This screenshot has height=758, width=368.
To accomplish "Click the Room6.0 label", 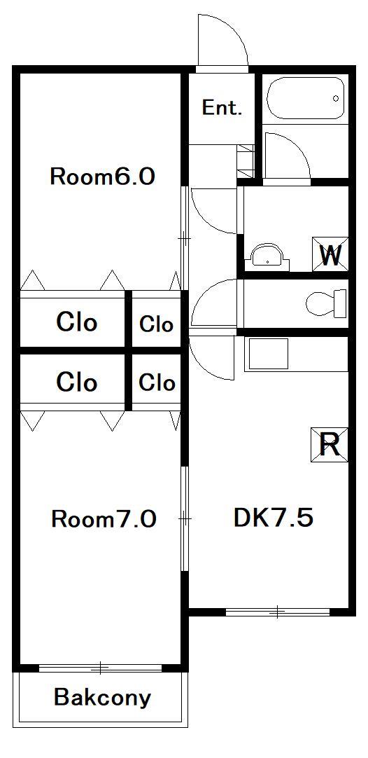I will pos(102,177).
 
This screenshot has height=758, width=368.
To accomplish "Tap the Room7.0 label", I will pos(104,519).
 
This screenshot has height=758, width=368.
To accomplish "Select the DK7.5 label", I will pos(273,518).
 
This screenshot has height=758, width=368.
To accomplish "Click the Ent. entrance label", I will pos(222,108).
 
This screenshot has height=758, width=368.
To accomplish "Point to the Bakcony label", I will pos(102,698).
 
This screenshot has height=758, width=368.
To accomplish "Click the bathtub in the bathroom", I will pos(306,98).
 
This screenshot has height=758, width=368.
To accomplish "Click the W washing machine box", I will pos(330,254).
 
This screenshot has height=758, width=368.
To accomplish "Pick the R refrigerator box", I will pos(330,444).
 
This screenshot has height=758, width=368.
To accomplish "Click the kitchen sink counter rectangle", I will pos(266,354).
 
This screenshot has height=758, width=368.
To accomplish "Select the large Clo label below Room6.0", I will pos(77,323).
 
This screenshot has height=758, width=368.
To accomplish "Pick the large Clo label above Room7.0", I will pos(77,383).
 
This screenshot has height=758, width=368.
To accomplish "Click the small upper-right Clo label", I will pos(157,324).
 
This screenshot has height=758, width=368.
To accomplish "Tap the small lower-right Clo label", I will pos(157,383).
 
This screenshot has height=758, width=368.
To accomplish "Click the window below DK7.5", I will pos(278,612).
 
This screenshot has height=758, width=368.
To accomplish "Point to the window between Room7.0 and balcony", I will pos(101,668).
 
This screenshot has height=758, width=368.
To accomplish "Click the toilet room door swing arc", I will pos(213,301).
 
